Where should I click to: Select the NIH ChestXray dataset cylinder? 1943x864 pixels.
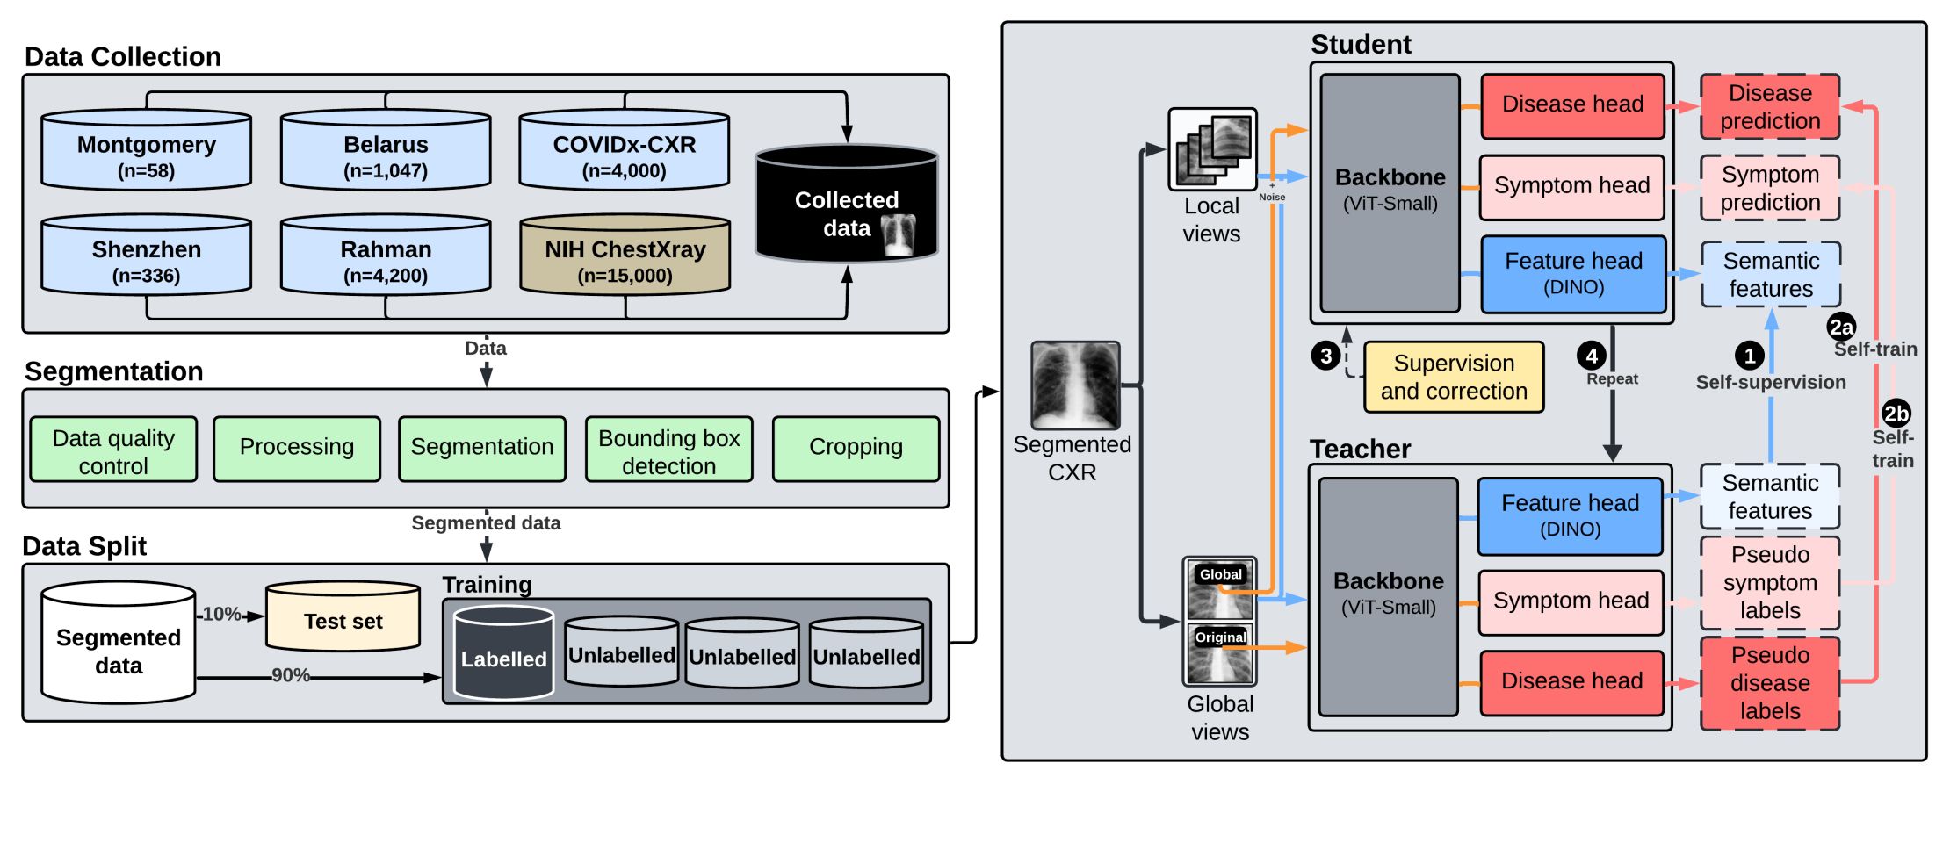click(x=625, y=256)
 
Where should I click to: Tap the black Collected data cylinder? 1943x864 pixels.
click(x=846, y=206)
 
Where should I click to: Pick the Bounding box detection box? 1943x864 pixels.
click(x=668, y=450)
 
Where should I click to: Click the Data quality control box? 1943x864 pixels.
click(x=113, y=450)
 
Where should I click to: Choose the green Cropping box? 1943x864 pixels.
click(x=856, y=449)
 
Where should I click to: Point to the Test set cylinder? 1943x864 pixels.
click(x=343, y=618)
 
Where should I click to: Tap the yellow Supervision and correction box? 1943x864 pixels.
click(x=1453, y=377)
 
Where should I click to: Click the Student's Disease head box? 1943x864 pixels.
click(x=1572, y=105)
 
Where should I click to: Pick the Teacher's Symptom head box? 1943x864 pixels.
click(x=1571, y=601)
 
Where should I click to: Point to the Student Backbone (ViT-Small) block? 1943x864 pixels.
click(x=1390, y=192)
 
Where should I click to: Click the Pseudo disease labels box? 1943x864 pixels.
click(x=1769, y=683)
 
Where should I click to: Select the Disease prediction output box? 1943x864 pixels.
click(x=1769, y=107)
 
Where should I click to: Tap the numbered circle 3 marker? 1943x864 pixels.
click(x=1325, y=356)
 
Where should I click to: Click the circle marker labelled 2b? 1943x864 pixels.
click(x=1896, y=414)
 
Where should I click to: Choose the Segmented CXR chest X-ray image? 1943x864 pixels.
click(x=1075, y=385)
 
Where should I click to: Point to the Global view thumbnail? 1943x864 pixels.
click(x=1219, y=591)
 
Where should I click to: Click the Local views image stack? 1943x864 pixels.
click(x=1212, y=149)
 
